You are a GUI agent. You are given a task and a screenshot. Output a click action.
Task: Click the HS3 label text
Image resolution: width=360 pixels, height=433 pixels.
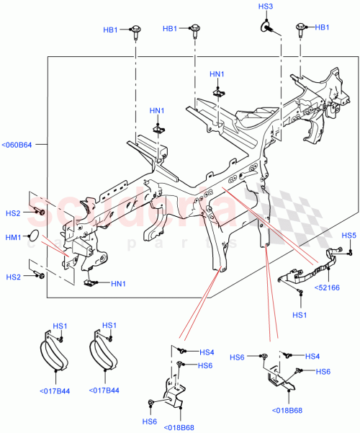[x=266, y=7]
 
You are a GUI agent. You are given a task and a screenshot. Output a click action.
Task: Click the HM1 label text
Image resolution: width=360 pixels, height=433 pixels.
[x=13, y=237]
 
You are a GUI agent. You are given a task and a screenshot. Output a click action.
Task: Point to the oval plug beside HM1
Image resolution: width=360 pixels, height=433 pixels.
[x=32, y=236]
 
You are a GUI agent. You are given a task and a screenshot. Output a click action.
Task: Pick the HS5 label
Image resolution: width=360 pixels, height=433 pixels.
[x=348, y=236]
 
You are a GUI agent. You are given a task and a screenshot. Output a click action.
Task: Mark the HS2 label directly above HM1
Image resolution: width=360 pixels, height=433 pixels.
[x=13, y=213]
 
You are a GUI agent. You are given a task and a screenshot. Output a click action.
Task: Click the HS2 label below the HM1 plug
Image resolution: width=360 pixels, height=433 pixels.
[x=13, y=277]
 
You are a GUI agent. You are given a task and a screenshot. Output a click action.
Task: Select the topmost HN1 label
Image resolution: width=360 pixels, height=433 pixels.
[x=217, y=74]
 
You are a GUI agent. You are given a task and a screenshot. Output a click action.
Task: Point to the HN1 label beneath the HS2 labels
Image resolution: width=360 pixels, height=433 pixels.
[x=119, y=283]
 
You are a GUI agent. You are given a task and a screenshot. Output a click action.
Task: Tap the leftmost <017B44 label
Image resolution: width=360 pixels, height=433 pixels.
[x=55, y=392]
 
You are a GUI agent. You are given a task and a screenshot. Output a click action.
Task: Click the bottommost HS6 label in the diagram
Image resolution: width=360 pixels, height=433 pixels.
[x=149, y=421]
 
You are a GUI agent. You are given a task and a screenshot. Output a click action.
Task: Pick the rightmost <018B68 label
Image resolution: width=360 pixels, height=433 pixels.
[x=287, y=411]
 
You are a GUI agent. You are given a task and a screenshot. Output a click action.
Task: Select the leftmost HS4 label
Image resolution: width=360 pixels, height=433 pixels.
[x=207, y=352]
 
